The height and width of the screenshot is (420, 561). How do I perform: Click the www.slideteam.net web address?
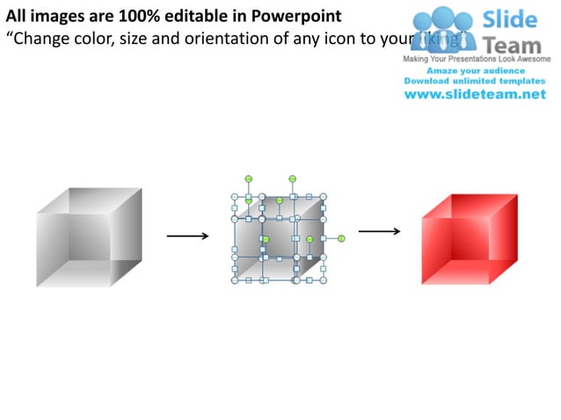pos(475,94)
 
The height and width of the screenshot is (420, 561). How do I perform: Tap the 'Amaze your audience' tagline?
pos(475,69)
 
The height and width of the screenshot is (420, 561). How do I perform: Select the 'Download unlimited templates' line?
pos(475,80)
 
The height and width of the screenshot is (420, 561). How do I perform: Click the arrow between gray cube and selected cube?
pos(187,235)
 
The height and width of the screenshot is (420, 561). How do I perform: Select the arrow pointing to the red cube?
pos(380,232)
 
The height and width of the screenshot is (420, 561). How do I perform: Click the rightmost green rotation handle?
pos(341,238)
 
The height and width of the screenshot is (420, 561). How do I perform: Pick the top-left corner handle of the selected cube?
pos(235,197)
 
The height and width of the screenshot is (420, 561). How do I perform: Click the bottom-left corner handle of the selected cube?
pos(235,281)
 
